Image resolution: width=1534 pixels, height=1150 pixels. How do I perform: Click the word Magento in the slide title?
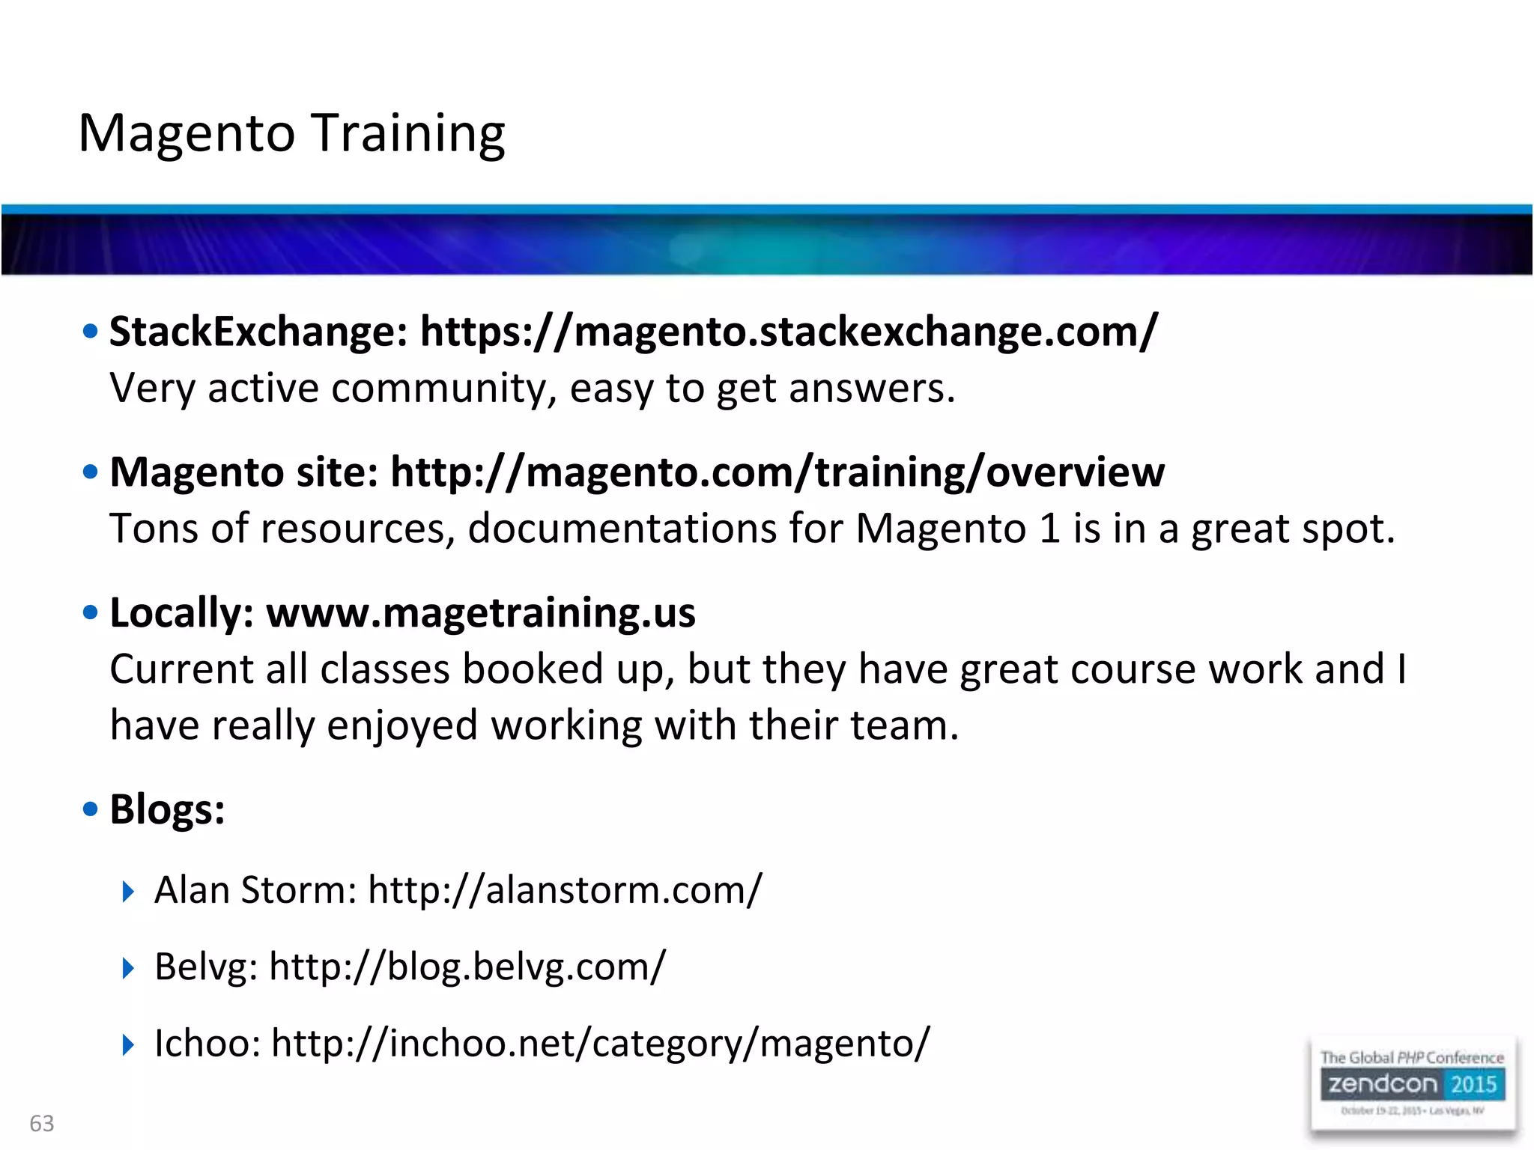tap(187, 133)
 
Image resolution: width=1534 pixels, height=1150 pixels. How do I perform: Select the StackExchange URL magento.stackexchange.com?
tap(789, 331)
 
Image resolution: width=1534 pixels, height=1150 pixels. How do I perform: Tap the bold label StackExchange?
tap(258, 331)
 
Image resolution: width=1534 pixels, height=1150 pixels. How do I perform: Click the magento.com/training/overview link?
tap(777, 472)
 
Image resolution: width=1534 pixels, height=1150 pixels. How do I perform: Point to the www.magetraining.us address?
tap(481, 612)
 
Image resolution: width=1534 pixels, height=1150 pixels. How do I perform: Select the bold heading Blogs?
tap(167, 809)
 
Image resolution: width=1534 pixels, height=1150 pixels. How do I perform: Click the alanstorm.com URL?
tap(565, 890)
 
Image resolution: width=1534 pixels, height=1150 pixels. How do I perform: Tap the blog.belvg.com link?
tap(467, 967)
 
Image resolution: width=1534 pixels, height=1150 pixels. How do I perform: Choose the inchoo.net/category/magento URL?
tap(600, 1043)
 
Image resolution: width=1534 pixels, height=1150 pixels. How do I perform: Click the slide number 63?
tap(42, 1123)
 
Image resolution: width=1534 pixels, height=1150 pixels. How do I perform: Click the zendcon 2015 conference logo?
tap(1412, 1085)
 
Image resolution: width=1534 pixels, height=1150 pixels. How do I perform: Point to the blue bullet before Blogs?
tap(91, 809)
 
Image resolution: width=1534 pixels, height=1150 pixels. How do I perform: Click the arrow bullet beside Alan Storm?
tap(128, 891)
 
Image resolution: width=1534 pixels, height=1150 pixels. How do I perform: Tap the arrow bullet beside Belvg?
tap(128, 967)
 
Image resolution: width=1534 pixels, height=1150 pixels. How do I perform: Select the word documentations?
tap(622, 529)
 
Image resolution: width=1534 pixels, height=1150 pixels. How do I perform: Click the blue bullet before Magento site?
tap(91, 472)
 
